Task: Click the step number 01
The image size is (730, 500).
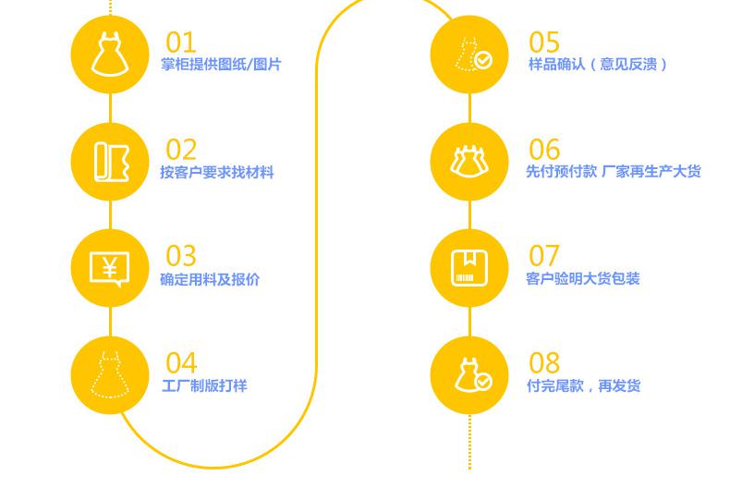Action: coord(181,43)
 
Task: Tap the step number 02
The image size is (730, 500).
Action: coord(182,150)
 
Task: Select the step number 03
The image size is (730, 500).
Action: coord(182,256)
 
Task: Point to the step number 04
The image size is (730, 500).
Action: coord(182,363)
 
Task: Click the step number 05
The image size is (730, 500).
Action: coord(544,43)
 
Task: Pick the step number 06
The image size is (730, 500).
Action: coord(544,150)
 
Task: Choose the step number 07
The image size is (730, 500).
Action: coord(544,256)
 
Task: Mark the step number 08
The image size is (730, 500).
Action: coord(544,363)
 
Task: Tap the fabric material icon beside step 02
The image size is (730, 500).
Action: coord(110,162)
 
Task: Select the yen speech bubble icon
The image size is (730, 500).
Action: coord(110,269)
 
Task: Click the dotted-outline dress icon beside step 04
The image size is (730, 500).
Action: coord(110,375)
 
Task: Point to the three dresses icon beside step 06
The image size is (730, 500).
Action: coord(469,162)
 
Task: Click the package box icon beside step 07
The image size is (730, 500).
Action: coord(469,267)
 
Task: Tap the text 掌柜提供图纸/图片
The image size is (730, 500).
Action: coord(221,65)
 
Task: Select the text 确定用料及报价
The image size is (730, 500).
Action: coord(210,279)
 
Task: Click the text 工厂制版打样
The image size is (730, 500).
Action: coord(204,385)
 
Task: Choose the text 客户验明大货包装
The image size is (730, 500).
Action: coord(583,279)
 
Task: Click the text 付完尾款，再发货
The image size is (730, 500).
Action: coord(583,385)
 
